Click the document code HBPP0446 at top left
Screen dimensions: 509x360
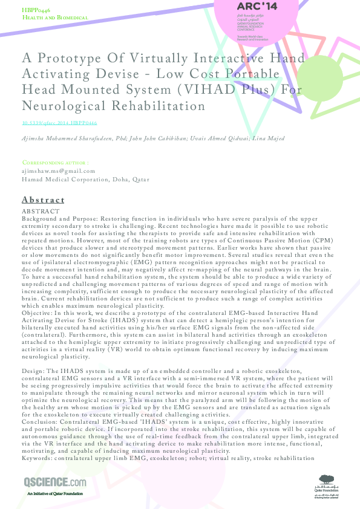coord(36,11)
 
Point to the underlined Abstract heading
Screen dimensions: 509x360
coord(43,199)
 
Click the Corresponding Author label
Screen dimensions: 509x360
coord(56,163)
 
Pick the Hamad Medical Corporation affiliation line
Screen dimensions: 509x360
coord(85,180)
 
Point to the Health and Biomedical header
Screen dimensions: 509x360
coord(55,18)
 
